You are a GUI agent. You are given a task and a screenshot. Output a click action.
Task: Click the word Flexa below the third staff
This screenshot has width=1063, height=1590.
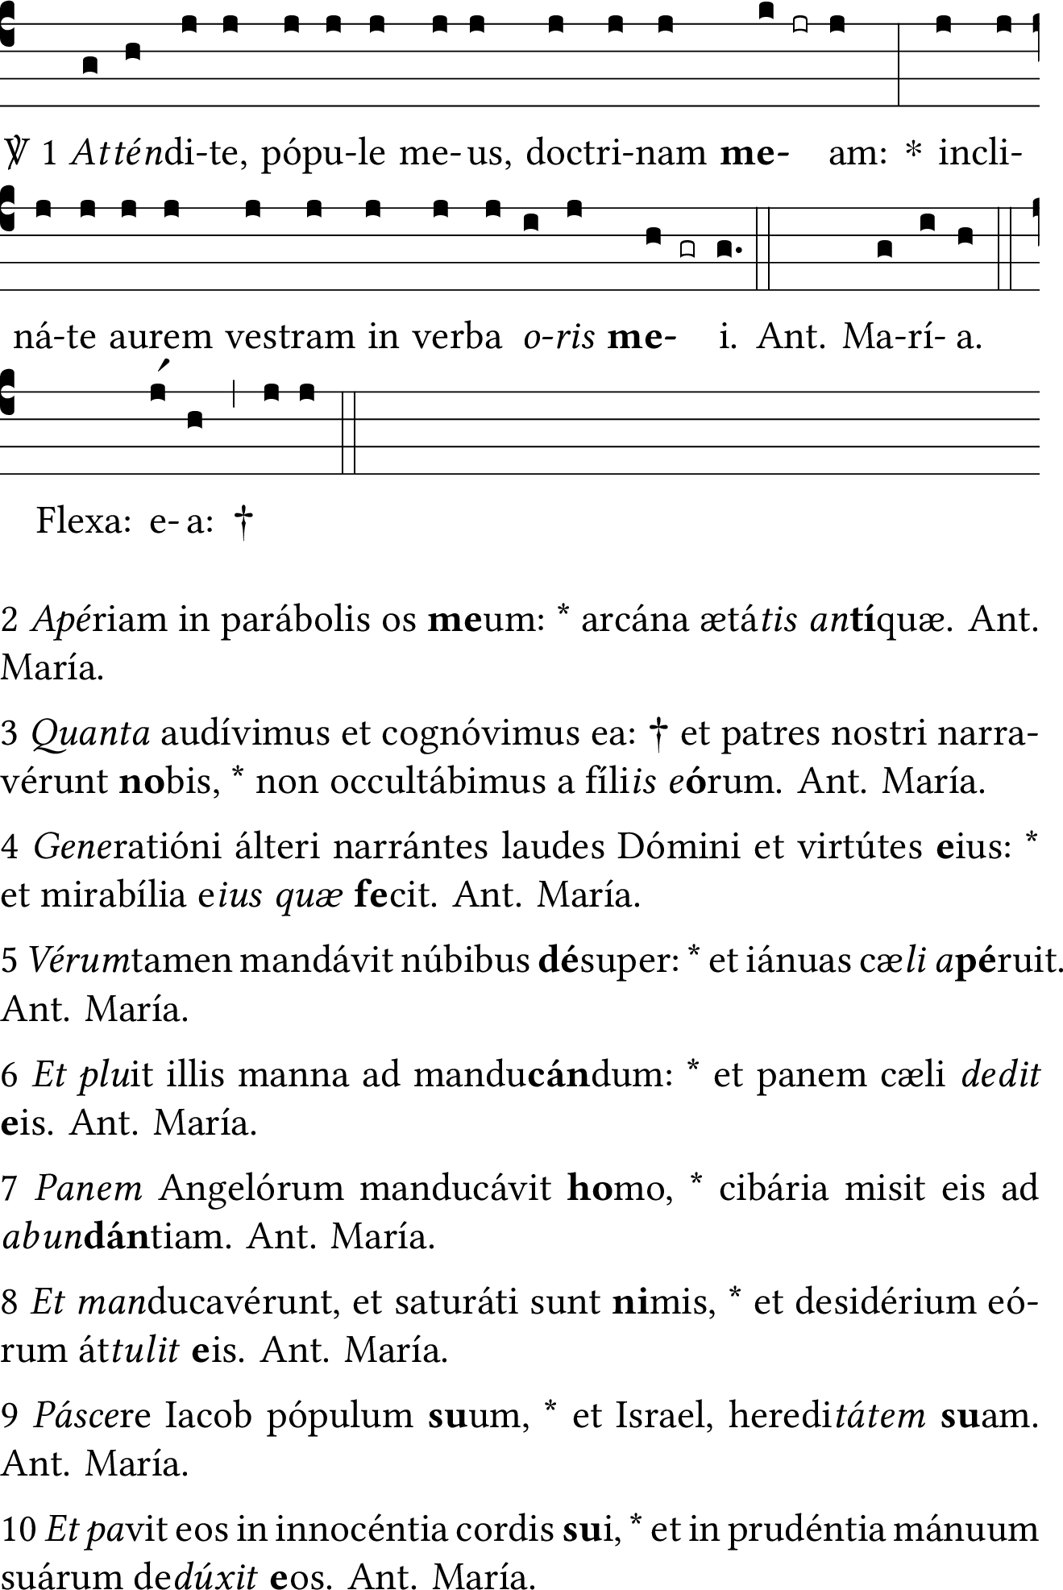83,522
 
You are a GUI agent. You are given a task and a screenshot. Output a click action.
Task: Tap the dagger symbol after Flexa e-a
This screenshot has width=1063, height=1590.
243,522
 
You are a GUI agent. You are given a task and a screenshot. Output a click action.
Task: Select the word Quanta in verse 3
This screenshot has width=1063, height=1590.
91,733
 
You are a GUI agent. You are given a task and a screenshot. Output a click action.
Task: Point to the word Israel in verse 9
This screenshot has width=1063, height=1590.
660,1415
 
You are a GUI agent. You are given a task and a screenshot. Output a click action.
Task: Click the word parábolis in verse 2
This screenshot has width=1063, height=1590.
281,620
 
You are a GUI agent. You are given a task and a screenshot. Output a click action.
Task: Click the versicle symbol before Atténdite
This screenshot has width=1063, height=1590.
15,152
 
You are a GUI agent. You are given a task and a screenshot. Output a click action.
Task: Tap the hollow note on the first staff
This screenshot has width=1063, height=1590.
799,25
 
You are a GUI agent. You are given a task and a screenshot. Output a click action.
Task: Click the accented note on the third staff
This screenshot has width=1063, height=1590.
158,392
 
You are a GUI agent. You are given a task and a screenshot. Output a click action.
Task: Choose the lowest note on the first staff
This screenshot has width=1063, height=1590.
90,64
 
